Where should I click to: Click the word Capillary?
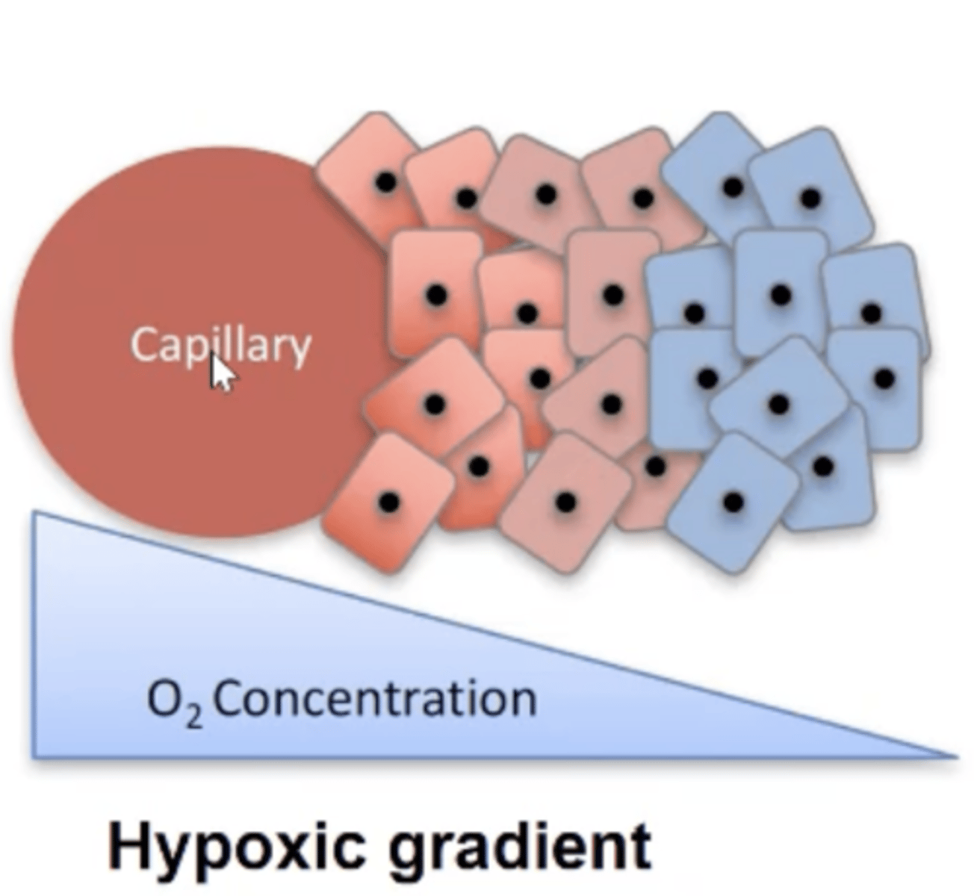pyautogui.click(x=220, y=346)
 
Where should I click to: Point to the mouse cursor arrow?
pyautogui.click(x=222, y=373)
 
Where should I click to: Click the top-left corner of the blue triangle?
pyautogui.click(x=34, y=512)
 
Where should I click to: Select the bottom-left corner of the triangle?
pyautogui.click(x=34, y=756)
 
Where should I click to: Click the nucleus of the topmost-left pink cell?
pyautogui.click(x=385, y=182)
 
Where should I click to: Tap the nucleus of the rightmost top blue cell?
pyautogui.click(x=810, y=199)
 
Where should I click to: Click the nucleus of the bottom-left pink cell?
pyautogui.click(x=388, y=503)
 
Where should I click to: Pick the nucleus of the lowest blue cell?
pyautogui.click(x=734, y=502)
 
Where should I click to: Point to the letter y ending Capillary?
pyautogui.click(x=300, y=351)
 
